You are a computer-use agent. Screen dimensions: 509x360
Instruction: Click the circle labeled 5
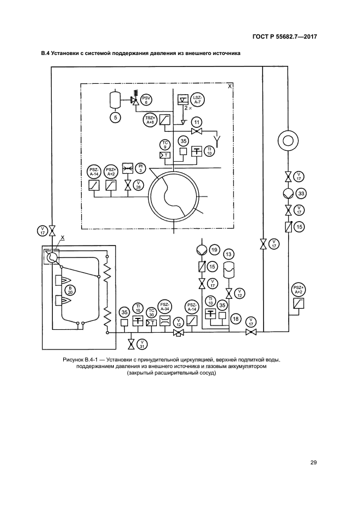[x=115, y=116]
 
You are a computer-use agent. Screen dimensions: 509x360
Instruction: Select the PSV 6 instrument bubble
[x=147, y=99]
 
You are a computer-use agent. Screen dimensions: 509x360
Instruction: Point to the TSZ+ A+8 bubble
[x=150, y=120]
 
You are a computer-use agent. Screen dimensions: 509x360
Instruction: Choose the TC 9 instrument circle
[x=165, y=144]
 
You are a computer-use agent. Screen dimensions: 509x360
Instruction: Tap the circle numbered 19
[x=214, y=250]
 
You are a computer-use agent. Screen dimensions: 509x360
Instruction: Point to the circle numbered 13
[x=229, y=254]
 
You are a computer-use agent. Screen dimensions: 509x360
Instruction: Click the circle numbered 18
[x=236, y=318]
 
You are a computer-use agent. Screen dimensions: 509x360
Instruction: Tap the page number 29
[x=314, y=463]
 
